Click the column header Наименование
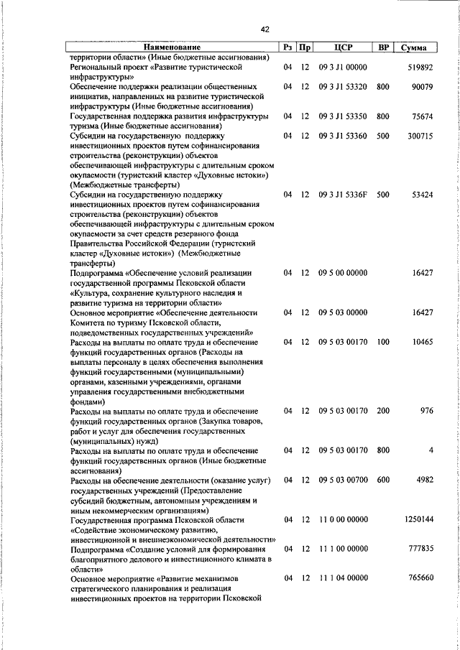[172, 48]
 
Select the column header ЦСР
[342, 48]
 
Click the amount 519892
[419, 67]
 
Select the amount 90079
[421, 86]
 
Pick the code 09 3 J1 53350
[343, 116]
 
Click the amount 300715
[419, 135]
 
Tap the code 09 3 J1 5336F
[343, 194]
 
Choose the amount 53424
[421, 194]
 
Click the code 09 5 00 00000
[343, 272]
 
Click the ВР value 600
[382, 479]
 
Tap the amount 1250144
[417, 519]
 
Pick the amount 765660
[419, 577]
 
